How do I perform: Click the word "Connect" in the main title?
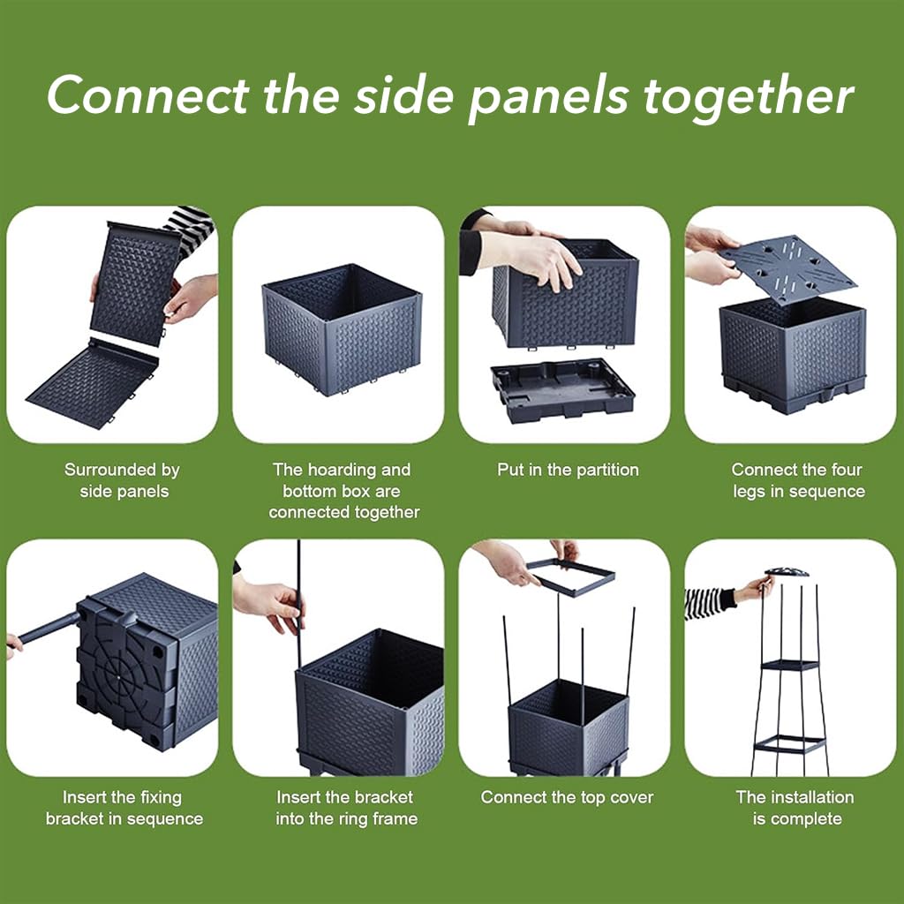[x=148, y=95]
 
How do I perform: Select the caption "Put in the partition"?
[x=568, y=470]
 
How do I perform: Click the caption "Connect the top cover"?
[x=568, y=797]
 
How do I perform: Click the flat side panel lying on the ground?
[x=92, y=384]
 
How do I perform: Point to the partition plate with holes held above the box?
[x=787, y=268]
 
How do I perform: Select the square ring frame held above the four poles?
[x=571, y=576]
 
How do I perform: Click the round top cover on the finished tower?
[x=787, y=572]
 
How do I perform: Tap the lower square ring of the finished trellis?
[x=789, y=744]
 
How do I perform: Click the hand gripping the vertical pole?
[x=270, y=605]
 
